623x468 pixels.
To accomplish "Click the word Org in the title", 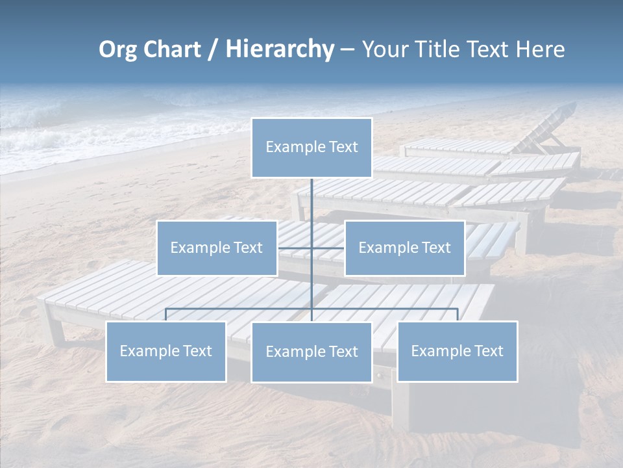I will (117, 49).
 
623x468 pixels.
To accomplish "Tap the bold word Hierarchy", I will (279, 49).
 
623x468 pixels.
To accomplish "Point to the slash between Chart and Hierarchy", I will (213, 49).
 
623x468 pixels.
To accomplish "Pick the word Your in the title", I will (382, 49).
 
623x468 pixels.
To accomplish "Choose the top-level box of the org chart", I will (311, 148).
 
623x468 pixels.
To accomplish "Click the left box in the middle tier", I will (217, 248).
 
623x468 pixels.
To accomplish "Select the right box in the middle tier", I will (404, 248).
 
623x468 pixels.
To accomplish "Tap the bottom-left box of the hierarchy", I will (166, 351).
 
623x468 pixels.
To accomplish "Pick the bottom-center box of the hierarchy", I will (311, 352).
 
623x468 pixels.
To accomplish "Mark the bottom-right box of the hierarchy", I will (457, 351).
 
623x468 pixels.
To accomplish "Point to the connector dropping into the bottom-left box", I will (166, 315).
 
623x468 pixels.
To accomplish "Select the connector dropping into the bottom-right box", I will (457, 315).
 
